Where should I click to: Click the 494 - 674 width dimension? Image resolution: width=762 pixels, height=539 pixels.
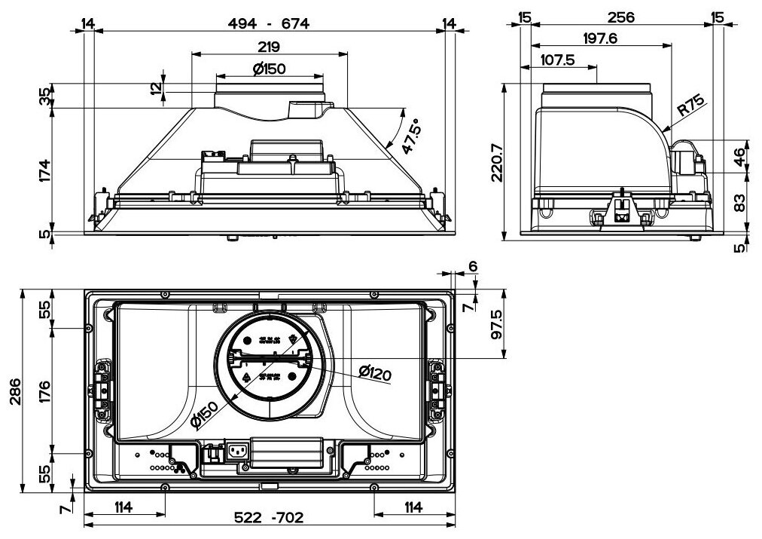[x=268, y=23]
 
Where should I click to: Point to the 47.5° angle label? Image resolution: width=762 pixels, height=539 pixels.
[x=410, y=136]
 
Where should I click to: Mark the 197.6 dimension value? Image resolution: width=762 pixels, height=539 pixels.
[x=599, y=39]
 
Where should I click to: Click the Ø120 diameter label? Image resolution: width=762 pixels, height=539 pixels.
[x=376, y=372]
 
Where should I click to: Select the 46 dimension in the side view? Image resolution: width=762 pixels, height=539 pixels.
[x=739, y=156]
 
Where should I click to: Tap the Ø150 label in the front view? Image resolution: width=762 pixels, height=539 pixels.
[x=269, y=69]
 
